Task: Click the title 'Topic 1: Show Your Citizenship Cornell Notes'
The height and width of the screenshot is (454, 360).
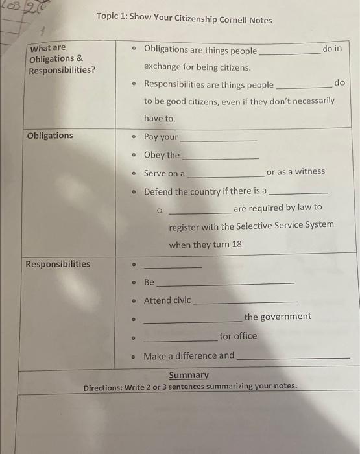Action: pos(184,19)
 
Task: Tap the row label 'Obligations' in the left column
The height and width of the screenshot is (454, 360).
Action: pos(50,136)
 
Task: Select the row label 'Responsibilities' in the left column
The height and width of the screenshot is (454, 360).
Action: pos(58,264)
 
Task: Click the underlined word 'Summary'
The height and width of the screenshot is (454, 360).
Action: pos(189,375)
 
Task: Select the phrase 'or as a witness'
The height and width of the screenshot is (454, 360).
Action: pos(296,172)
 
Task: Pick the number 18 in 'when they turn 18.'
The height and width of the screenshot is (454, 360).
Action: pos(237,245)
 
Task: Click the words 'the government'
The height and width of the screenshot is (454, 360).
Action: pos(278,317)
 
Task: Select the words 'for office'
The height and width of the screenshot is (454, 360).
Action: pos(238,336)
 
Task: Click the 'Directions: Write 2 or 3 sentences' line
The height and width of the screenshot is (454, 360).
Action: pos(190,387)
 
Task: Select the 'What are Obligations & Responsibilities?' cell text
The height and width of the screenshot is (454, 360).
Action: pos(62,58)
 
